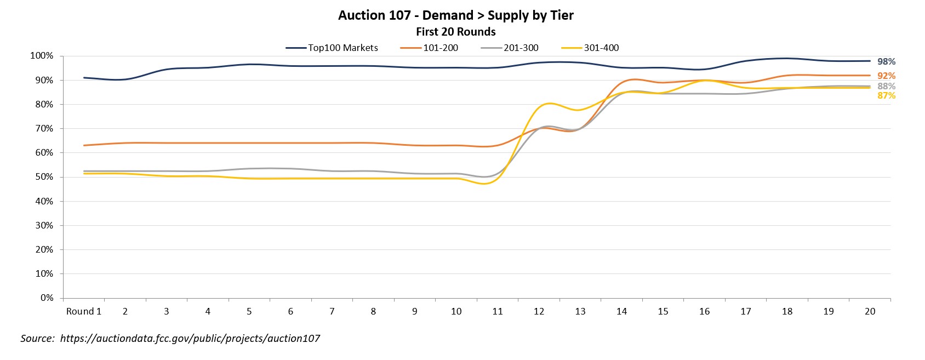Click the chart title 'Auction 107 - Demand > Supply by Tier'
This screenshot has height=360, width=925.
pos(455,15)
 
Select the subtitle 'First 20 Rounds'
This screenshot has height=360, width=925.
pos(455,32)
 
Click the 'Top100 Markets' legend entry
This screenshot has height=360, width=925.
pos(342,48)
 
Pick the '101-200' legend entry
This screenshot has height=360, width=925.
pos(440,48)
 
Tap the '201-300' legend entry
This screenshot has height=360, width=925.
pos(521,48)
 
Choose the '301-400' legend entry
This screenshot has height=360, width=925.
pos(601,48)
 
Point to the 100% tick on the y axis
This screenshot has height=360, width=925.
pos(42,56)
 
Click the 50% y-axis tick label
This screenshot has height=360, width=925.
pos(44,177)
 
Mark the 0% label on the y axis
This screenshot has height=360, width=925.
pos(47,298)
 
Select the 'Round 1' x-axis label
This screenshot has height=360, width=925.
pos(84,311)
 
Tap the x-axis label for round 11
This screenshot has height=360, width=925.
pos(498,311)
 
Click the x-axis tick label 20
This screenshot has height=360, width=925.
pos(870,311)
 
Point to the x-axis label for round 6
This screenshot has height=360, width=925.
pos(290,311)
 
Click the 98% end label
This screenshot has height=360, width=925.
pos(886,62)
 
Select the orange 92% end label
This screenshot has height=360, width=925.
pos(886,76)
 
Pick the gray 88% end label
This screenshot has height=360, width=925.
pos(886,87)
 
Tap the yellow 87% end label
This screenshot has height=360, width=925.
pos(886,96)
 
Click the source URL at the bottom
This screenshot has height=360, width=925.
pos(190,339)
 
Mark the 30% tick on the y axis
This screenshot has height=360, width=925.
pos(44,225)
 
